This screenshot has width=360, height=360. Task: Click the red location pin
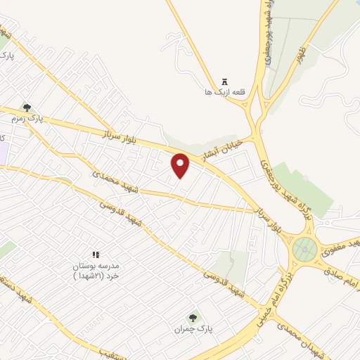[x=181, y=166]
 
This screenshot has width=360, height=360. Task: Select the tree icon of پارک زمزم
[x=27, y=108]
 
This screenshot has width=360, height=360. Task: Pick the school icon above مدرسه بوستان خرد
[x=96, y=255]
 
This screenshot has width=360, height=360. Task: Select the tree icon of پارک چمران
[x=193, y=318]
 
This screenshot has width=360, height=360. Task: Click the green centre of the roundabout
[x=304, y=247]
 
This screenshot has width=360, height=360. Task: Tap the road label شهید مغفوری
[x=342, y=246]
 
